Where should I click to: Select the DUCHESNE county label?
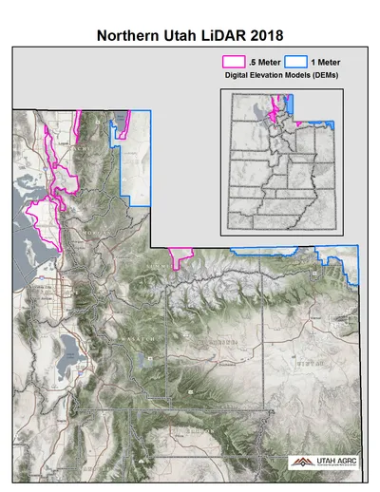point(223,340)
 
